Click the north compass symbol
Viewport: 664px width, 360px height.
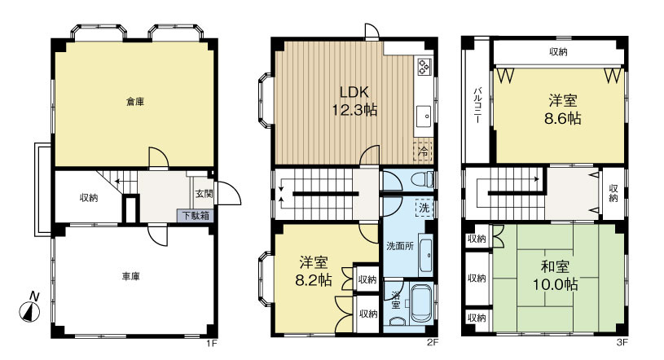click(x=30, y=309)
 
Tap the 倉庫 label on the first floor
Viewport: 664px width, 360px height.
click(x=135, y=102)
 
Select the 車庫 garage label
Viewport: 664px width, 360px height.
click(x=131, y=277)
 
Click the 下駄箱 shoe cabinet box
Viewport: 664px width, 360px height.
click(x=196, y=215)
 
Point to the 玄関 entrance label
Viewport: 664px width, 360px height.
click(x=204, y=194)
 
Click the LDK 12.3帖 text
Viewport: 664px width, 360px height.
click(x=354, y=101)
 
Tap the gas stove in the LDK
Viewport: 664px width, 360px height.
click(x=424, y=67)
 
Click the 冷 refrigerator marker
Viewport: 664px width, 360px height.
click(x=423, y=151)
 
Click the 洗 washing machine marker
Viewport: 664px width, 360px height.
click(x=424, y=208)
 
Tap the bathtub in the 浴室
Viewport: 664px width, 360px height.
click(x=421, y=304)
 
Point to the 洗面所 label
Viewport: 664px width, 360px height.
click(x=400, y=246)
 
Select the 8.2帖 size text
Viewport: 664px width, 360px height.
click(x=314, y=280)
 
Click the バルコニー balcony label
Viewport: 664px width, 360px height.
click(x=477, y=104)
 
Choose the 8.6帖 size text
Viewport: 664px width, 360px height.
click(x=562, y=118)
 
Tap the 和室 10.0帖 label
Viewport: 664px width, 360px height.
click(x=555, y=275)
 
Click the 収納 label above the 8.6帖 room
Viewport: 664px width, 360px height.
click(x=558, y=52)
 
